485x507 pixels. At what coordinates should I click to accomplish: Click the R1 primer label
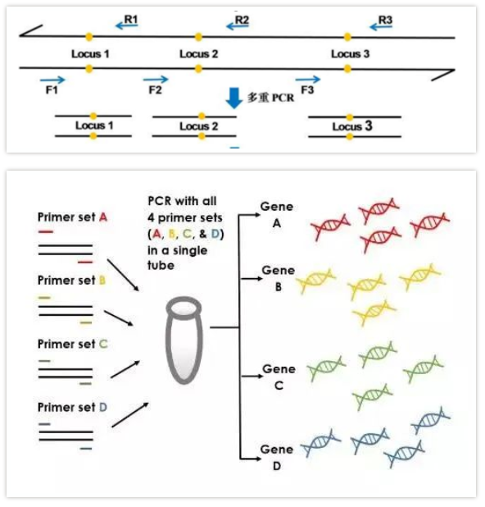(x=131, y=20)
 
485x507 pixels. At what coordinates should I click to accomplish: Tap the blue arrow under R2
(x=238, y=26)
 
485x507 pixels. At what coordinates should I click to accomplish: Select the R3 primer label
(x=385, y=20)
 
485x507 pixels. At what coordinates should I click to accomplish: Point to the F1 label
(x=52, y=89)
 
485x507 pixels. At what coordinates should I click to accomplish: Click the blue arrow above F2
(x=156, y=80)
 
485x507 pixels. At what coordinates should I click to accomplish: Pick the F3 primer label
(x=307, y=89)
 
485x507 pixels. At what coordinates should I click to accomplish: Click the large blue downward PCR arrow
(x=233, y=98)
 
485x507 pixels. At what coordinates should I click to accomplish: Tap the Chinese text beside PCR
(x=258, y=98)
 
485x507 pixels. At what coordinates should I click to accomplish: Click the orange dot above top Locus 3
(x=347, y=37)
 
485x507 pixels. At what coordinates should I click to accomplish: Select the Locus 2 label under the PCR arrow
(x=198, y=126)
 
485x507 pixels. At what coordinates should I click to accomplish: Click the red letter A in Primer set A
(x=103, y=217)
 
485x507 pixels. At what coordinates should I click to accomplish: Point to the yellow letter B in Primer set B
(x=102, y=280)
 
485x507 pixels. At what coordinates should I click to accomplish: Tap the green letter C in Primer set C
(x=103, y=344)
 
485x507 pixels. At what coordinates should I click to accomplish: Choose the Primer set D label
(x=72, y=407)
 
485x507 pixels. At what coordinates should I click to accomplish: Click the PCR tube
(x=184, y=340)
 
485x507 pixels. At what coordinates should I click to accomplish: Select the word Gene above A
(x=277, y=206)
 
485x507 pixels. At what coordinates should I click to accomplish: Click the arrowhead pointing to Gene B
(x=259, y=278)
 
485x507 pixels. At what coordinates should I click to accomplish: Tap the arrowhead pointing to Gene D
(x=258, y=459)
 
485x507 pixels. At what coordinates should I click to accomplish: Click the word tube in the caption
(x=161, y=266)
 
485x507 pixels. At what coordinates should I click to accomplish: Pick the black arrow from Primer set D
(x=130, y=415)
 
